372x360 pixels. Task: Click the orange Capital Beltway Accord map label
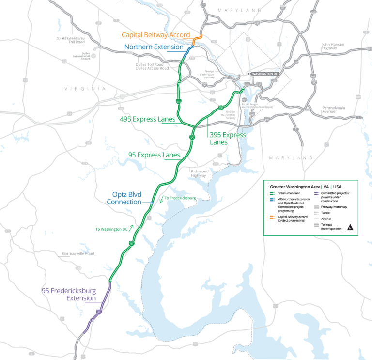coord(155,35)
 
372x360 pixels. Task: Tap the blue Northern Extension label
coord(154,47)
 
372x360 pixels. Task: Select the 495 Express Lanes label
coord(147,119)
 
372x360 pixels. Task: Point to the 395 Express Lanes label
coord(228,139)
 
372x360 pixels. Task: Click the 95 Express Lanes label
coord(154,155)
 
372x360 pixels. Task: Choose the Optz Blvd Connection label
coord(124,199)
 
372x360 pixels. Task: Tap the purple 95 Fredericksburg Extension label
coord(69,295)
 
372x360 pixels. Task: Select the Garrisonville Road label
coord(78,253)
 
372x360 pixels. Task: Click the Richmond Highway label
coord(200,173)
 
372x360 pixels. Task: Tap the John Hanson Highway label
coord(333,47)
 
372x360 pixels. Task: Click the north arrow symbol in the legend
coord(349,227)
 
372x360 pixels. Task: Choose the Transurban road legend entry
coord(291,192)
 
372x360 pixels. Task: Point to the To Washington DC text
coord(111,229)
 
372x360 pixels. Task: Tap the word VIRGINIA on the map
coord(85,89)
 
